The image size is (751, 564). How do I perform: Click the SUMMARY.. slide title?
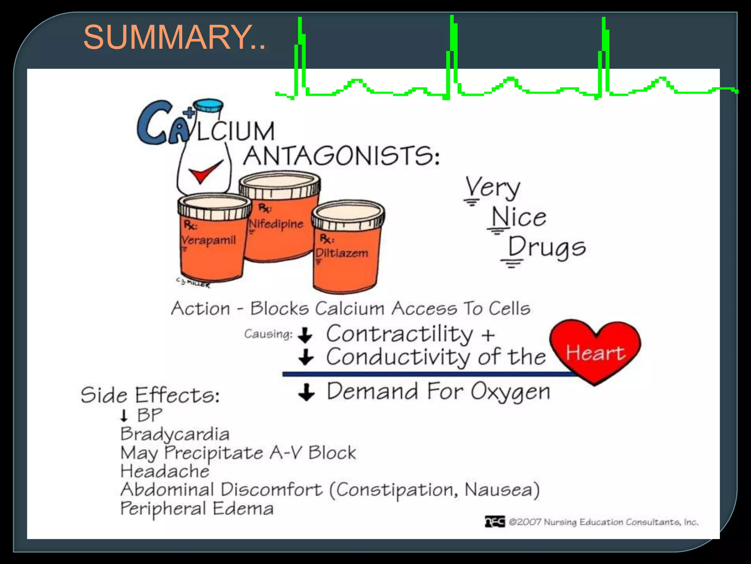(174, 37)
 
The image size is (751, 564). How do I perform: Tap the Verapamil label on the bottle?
(209, 240)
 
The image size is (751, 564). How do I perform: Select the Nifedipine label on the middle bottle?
(276, 224)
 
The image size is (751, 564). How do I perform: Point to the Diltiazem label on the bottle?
(342, 253)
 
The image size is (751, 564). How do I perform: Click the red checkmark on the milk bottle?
(205, 171)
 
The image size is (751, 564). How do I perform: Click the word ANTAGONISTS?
(341, 156)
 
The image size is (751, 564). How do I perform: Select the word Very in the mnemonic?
(493, 188)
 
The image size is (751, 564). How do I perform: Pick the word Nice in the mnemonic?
(519, 217)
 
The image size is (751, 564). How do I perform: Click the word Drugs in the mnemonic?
(546, 247)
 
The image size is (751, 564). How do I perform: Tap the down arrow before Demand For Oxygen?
(306, 392)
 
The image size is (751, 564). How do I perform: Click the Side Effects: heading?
(150, 395)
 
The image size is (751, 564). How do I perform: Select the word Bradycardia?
(175, 434)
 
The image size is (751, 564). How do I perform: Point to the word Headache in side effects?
(165, 471)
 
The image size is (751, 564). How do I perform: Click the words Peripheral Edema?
(197, 509)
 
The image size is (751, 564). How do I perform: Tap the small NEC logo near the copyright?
(495, 521)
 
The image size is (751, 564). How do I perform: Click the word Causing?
(268, 334)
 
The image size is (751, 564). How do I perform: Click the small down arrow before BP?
(124, 416)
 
